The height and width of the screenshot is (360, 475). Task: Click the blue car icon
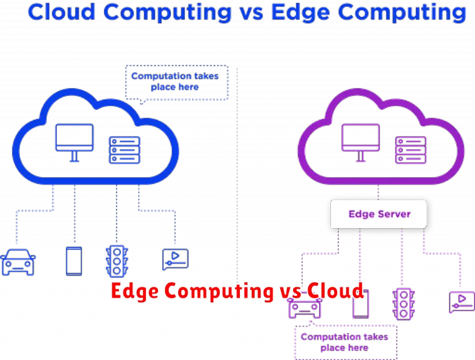click(18, 262)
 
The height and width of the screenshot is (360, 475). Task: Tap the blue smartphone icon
click(74, 261)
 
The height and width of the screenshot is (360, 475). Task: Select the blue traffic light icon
click(117, 261)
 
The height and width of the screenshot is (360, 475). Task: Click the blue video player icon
click(175, 260)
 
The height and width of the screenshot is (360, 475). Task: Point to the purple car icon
click(305, 308)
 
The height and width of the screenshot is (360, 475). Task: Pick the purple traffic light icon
click(404, 304)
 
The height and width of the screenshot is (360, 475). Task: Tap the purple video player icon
click(462, 302)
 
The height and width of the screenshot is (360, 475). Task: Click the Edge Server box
click(379, 214)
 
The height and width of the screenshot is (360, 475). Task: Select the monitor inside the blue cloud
click(75, 143)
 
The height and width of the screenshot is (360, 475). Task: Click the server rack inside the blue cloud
click(125, 150)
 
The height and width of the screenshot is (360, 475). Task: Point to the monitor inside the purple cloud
click(360, 143)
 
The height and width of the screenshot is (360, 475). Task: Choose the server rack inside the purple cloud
click(411, 150)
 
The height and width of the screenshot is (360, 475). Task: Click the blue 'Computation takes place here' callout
click(177, 82)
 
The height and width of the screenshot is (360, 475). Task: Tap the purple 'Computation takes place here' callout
click(346, 342)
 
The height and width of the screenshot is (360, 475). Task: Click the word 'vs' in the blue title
click(251, 13)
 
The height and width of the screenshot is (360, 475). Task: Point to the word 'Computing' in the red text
click(219, 292)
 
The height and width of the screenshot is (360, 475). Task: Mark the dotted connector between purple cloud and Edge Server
click(378, 192)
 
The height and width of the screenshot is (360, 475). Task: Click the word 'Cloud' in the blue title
click(62, 12)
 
